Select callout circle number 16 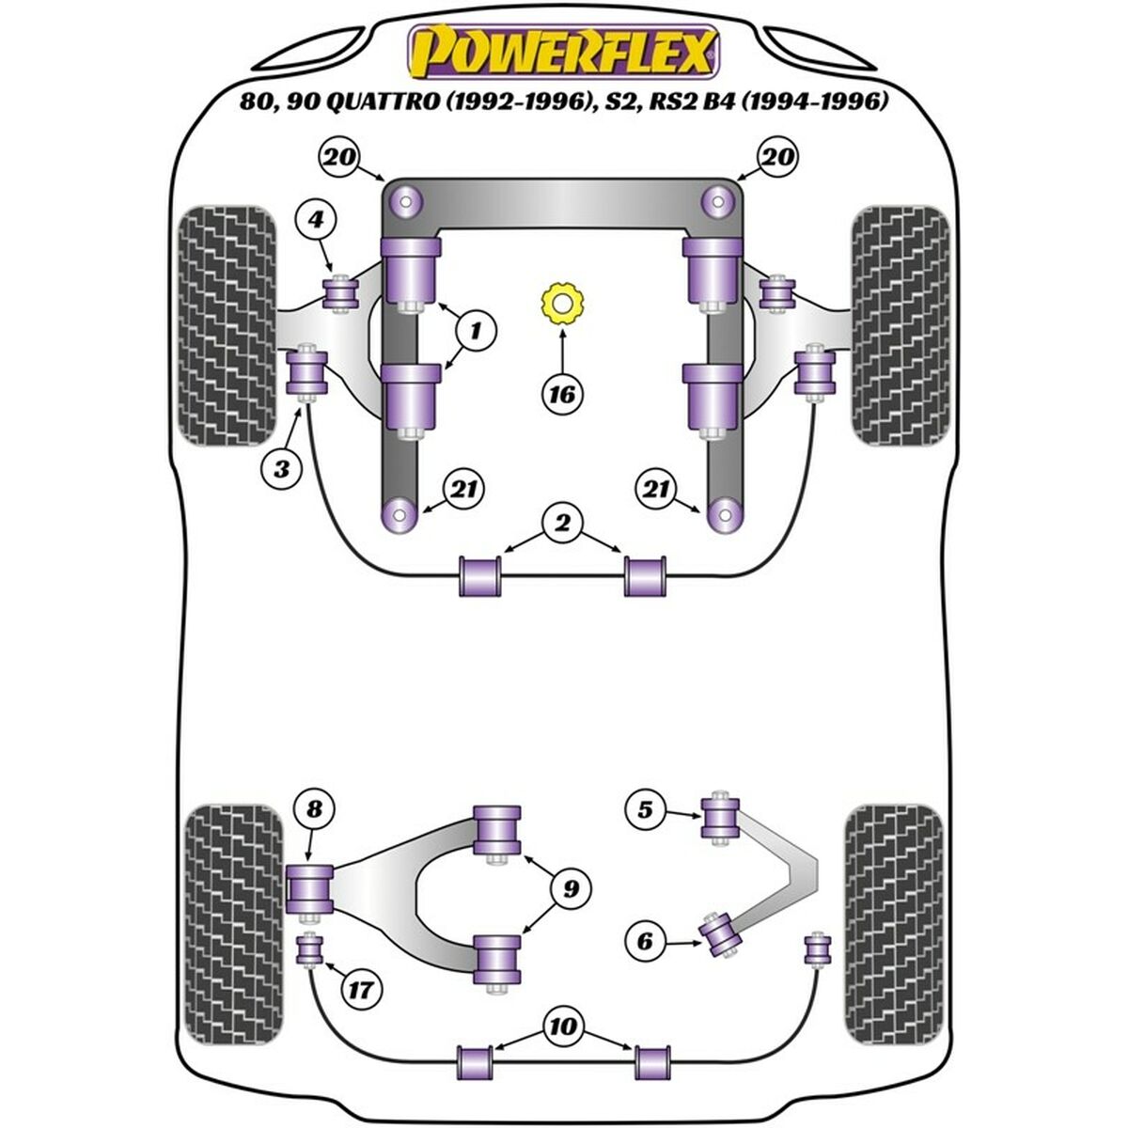561,393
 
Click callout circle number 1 476,331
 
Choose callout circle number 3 283,467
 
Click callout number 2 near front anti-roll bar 562,524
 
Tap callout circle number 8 313,807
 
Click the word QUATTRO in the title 381,102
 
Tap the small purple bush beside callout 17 309,951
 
